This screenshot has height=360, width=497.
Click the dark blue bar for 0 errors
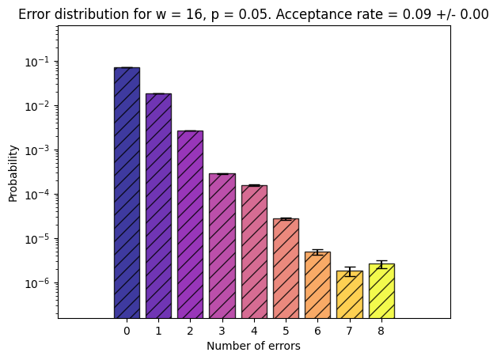pyautogui.click(x=127, y=193)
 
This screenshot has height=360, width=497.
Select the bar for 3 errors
pyautogui.click(x=222, y=246)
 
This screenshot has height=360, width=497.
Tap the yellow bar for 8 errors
pyautogui.click(x=381, y=291)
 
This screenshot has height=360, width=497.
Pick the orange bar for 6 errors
pyautogui.click(x=317, y=285)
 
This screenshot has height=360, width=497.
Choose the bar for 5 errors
pyautogui.click(x=286, y=268)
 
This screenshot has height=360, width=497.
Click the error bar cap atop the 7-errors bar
pyautogui.click(x=350, y=267)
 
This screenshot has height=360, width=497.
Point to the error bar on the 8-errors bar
pyautogui.click(x=381, y=264)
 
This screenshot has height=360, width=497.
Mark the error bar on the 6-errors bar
pyautogui.click(x=317, y=252)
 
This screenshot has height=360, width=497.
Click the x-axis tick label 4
pyautogui.click(x=254, y=332)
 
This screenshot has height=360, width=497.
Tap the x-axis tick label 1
pyautogui.click(x=158, y=332)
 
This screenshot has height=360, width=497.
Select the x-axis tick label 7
pyautogui.click(x=349, y=332)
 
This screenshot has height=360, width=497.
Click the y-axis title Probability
pyautogui.click(x=13, y=173)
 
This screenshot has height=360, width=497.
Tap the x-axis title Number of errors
pyautogui.click(x=253, y=346)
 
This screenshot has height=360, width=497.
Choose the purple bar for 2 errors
pyautogui.click(x=190, y=225)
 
